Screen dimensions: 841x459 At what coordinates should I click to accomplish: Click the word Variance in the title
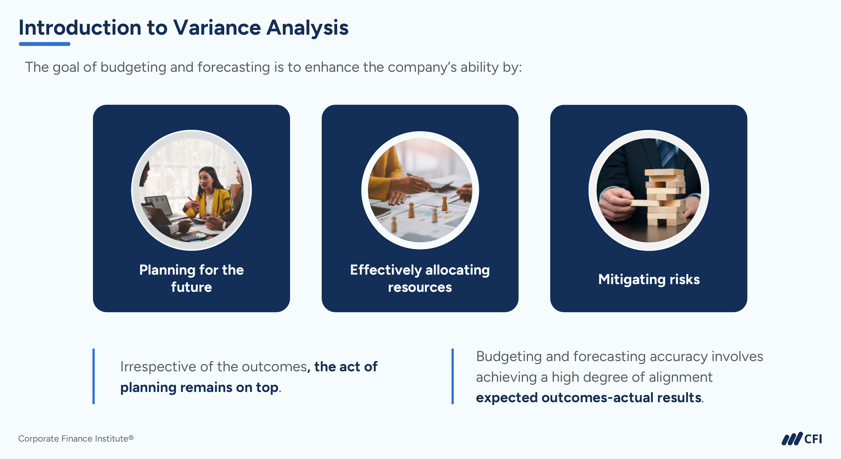coord(217,27)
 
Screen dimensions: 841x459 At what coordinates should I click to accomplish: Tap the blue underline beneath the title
coord(44,44)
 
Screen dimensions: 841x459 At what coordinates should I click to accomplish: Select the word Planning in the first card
coord(167,271)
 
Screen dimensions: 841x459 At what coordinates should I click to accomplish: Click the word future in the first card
coord(192,287)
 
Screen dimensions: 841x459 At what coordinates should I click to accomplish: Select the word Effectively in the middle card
coord(385,271)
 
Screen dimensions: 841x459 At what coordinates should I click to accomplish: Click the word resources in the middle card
coord(420,287)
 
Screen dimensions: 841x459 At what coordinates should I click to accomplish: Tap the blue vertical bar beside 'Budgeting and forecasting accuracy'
coord(453,377)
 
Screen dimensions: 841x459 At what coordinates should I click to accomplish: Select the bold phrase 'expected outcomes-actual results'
coord(589,398)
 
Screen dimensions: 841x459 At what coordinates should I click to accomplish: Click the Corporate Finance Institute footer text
coord(76,439)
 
